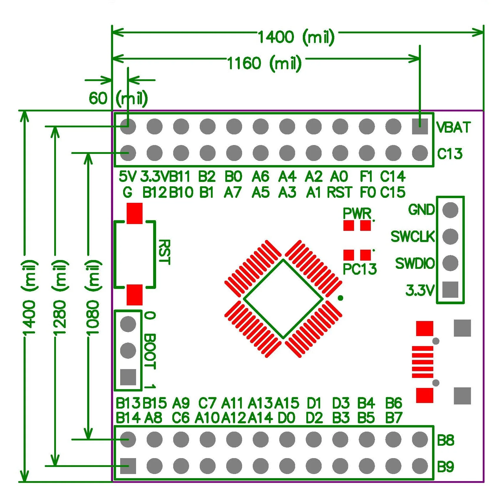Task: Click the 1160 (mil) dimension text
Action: pos(264,63)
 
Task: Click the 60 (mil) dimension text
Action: pos(118,98)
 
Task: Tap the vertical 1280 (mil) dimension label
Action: pos(59,298)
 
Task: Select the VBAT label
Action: pos(453,128)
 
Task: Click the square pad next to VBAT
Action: pos(420,126)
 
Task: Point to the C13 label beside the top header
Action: pos(449,154)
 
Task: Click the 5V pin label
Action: pos(127,177)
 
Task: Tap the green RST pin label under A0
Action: pos(340,193)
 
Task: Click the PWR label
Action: pos(357,213)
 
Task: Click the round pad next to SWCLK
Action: pos(450,236)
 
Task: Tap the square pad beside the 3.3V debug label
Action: pos(450,289)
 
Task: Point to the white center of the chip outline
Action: pos(283,299)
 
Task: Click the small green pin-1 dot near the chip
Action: pos(340,298)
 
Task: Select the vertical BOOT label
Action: pos(150,351)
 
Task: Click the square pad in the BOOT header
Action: pos(128,377)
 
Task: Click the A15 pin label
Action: pos(287,403)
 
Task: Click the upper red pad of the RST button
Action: pos(135,213)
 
